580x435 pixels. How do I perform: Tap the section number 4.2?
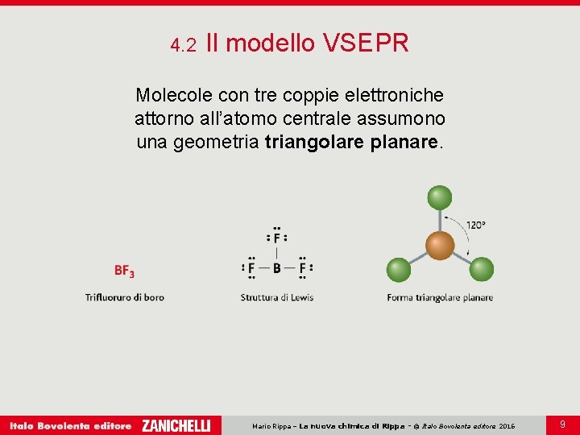(x=184, y=45)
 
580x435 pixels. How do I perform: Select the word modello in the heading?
(x=270, y=43)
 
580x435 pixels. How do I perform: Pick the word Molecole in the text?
(x=170, y=95)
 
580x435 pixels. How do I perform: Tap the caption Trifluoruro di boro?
(x=125, y=297)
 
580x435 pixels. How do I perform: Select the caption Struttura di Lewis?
(x=277, y=297)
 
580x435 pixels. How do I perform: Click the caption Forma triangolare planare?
(x=440, y=297)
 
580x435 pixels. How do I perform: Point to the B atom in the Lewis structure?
(x=277, y=268)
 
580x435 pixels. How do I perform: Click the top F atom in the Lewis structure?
(x=277, y=238)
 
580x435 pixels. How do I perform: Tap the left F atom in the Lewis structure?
(x=251, y=268)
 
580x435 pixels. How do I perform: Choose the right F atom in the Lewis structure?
(x=303, y=268)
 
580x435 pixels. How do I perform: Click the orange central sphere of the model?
(x=440, y=245)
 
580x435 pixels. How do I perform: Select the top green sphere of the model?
(x=440, y=197)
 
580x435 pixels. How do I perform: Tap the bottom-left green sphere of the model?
(x=399, y=269)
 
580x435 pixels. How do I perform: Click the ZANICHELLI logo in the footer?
(x=176, y=425)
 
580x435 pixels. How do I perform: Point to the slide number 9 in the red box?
(x=562, y=423)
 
